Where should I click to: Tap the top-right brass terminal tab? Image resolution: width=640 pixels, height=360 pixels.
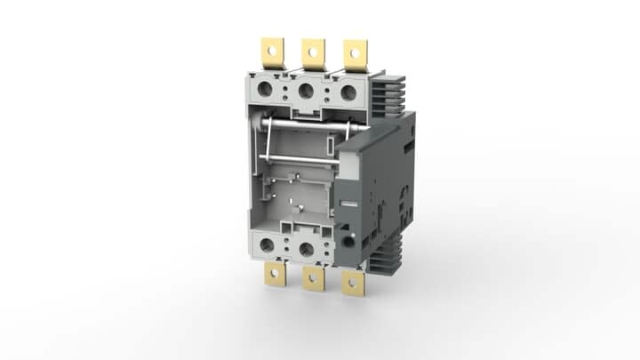[x=354, y=56]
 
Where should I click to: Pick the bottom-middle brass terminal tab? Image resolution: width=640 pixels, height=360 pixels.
[x=312, y=278]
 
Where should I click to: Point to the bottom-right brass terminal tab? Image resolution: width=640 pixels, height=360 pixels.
[x=354, y=284]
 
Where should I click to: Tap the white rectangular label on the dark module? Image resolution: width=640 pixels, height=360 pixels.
[x=351, y=205]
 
